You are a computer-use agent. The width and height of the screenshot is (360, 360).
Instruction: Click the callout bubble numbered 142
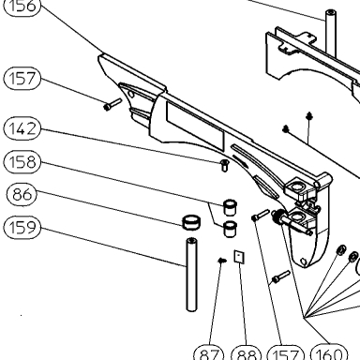tap(22, 128)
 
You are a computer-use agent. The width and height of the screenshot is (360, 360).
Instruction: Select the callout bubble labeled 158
tap(22, 162)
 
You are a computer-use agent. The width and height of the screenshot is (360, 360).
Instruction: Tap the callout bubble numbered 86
tap(22, 194)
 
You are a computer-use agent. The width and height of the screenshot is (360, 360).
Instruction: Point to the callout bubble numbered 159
tap(22, 227)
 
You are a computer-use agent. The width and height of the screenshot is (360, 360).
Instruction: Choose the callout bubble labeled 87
tap(209, 353)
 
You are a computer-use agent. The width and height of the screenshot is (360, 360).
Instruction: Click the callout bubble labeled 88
tap(247, 353)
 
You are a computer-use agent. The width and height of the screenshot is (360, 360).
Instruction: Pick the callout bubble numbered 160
tap(329, 353)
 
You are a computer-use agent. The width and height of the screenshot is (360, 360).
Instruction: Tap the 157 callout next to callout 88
tap(286, 353)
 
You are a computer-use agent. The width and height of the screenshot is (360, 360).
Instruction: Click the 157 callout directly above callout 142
tap(22, 78)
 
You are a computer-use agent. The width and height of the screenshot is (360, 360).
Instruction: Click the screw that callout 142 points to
tap(224, 165)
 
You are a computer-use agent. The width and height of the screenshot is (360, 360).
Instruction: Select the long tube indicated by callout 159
tap(191, 275)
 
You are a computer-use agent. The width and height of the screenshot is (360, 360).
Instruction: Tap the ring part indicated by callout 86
tap(191, 222)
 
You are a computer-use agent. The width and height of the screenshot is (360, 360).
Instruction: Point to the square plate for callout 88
tap(239, 257)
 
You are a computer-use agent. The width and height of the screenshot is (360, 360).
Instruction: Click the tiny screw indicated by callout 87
tap(222, 260)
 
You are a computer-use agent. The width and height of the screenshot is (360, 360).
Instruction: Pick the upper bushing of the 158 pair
tap(230, 206)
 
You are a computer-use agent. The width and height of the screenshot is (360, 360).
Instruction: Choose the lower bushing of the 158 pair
tap(230, 229)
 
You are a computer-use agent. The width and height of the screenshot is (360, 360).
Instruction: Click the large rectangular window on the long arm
tap(195, 125)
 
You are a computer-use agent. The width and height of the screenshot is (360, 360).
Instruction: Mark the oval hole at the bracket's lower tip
tap(304, 261)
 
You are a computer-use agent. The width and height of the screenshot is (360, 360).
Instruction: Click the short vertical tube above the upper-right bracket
tap(331, 34)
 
